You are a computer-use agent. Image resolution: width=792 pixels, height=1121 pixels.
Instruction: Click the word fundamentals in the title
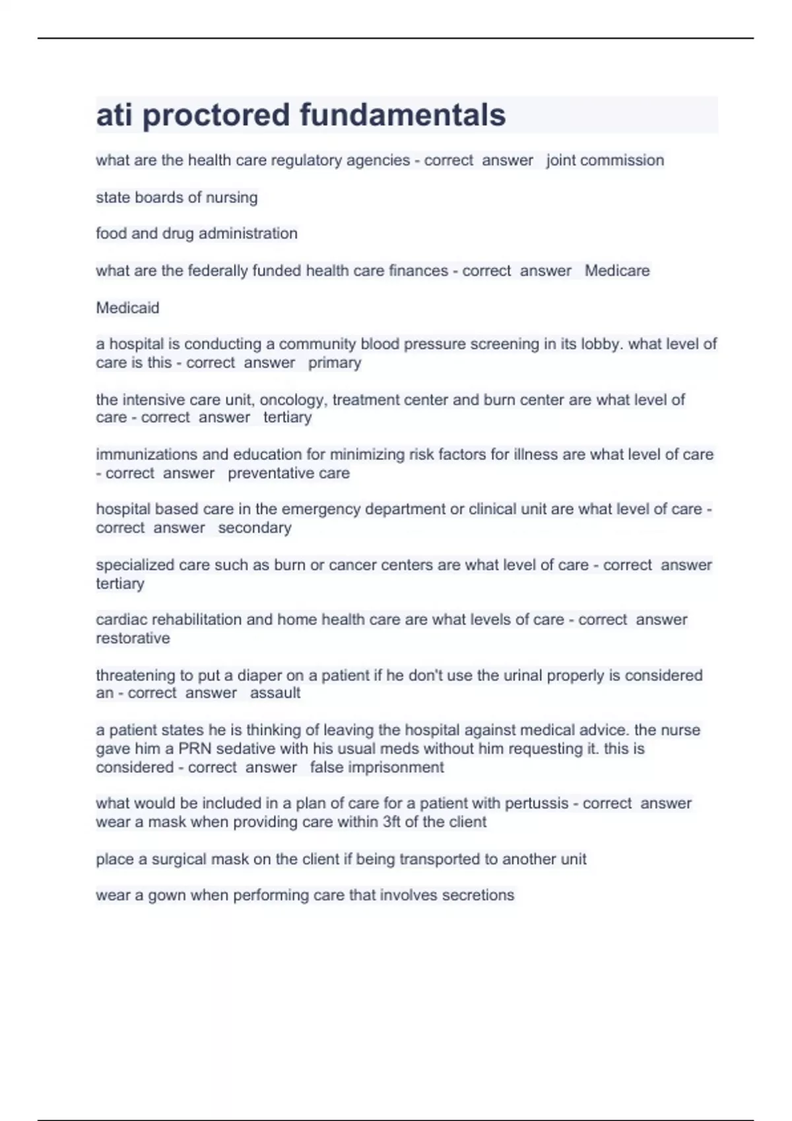403,115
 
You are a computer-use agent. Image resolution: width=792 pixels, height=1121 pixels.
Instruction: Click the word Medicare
617,270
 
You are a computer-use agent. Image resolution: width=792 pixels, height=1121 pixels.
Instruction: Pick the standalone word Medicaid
127,307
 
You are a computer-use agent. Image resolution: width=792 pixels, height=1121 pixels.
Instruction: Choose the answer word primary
335,363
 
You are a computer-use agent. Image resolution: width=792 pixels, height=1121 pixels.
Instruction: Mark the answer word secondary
255,528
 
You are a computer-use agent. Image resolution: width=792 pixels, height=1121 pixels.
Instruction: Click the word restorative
133,638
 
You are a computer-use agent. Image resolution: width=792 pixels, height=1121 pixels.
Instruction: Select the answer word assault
275,693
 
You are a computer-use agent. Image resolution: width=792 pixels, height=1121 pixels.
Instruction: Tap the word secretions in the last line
478,895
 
